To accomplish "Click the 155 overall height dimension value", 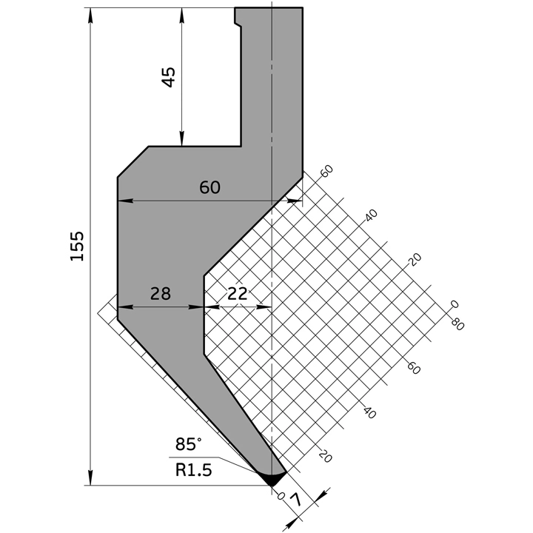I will (x=77, y=246).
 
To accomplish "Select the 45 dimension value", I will (x=169, y=77).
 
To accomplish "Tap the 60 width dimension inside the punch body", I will (x=210, y=188).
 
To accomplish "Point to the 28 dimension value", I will (x=160, y=294).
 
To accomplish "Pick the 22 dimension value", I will (x=238, y=294).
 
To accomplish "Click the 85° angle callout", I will (x=189, y=444).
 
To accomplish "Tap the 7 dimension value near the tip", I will (x=298, y=503).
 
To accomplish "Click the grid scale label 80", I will (x=457, y=324).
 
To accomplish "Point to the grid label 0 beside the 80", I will (x=455, y=304).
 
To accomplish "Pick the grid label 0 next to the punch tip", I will (x=281, y=495).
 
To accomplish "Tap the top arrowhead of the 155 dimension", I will (x=91, y=14).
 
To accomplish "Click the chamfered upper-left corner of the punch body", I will (x=133, y=161).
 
